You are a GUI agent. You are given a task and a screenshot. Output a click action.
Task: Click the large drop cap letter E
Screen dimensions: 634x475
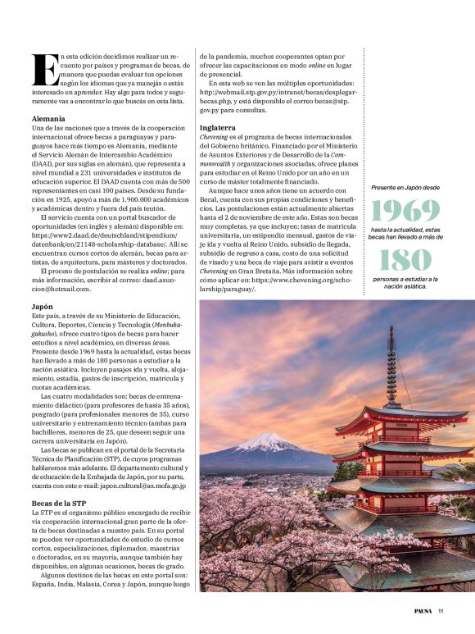click(x=40, y=71)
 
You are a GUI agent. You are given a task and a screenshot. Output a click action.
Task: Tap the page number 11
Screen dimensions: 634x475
click(x=441, y=609)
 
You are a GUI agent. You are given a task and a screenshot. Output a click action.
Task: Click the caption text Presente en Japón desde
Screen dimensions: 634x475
click(x=404, y=188)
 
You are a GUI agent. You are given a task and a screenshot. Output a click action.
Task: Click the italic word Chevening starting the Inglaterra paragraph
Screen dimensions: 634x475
click(x=217, y=137)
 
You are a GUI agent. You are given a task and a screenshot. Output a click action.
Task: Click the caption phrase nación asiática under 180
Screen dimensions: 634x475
click(x=404, y=286)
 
